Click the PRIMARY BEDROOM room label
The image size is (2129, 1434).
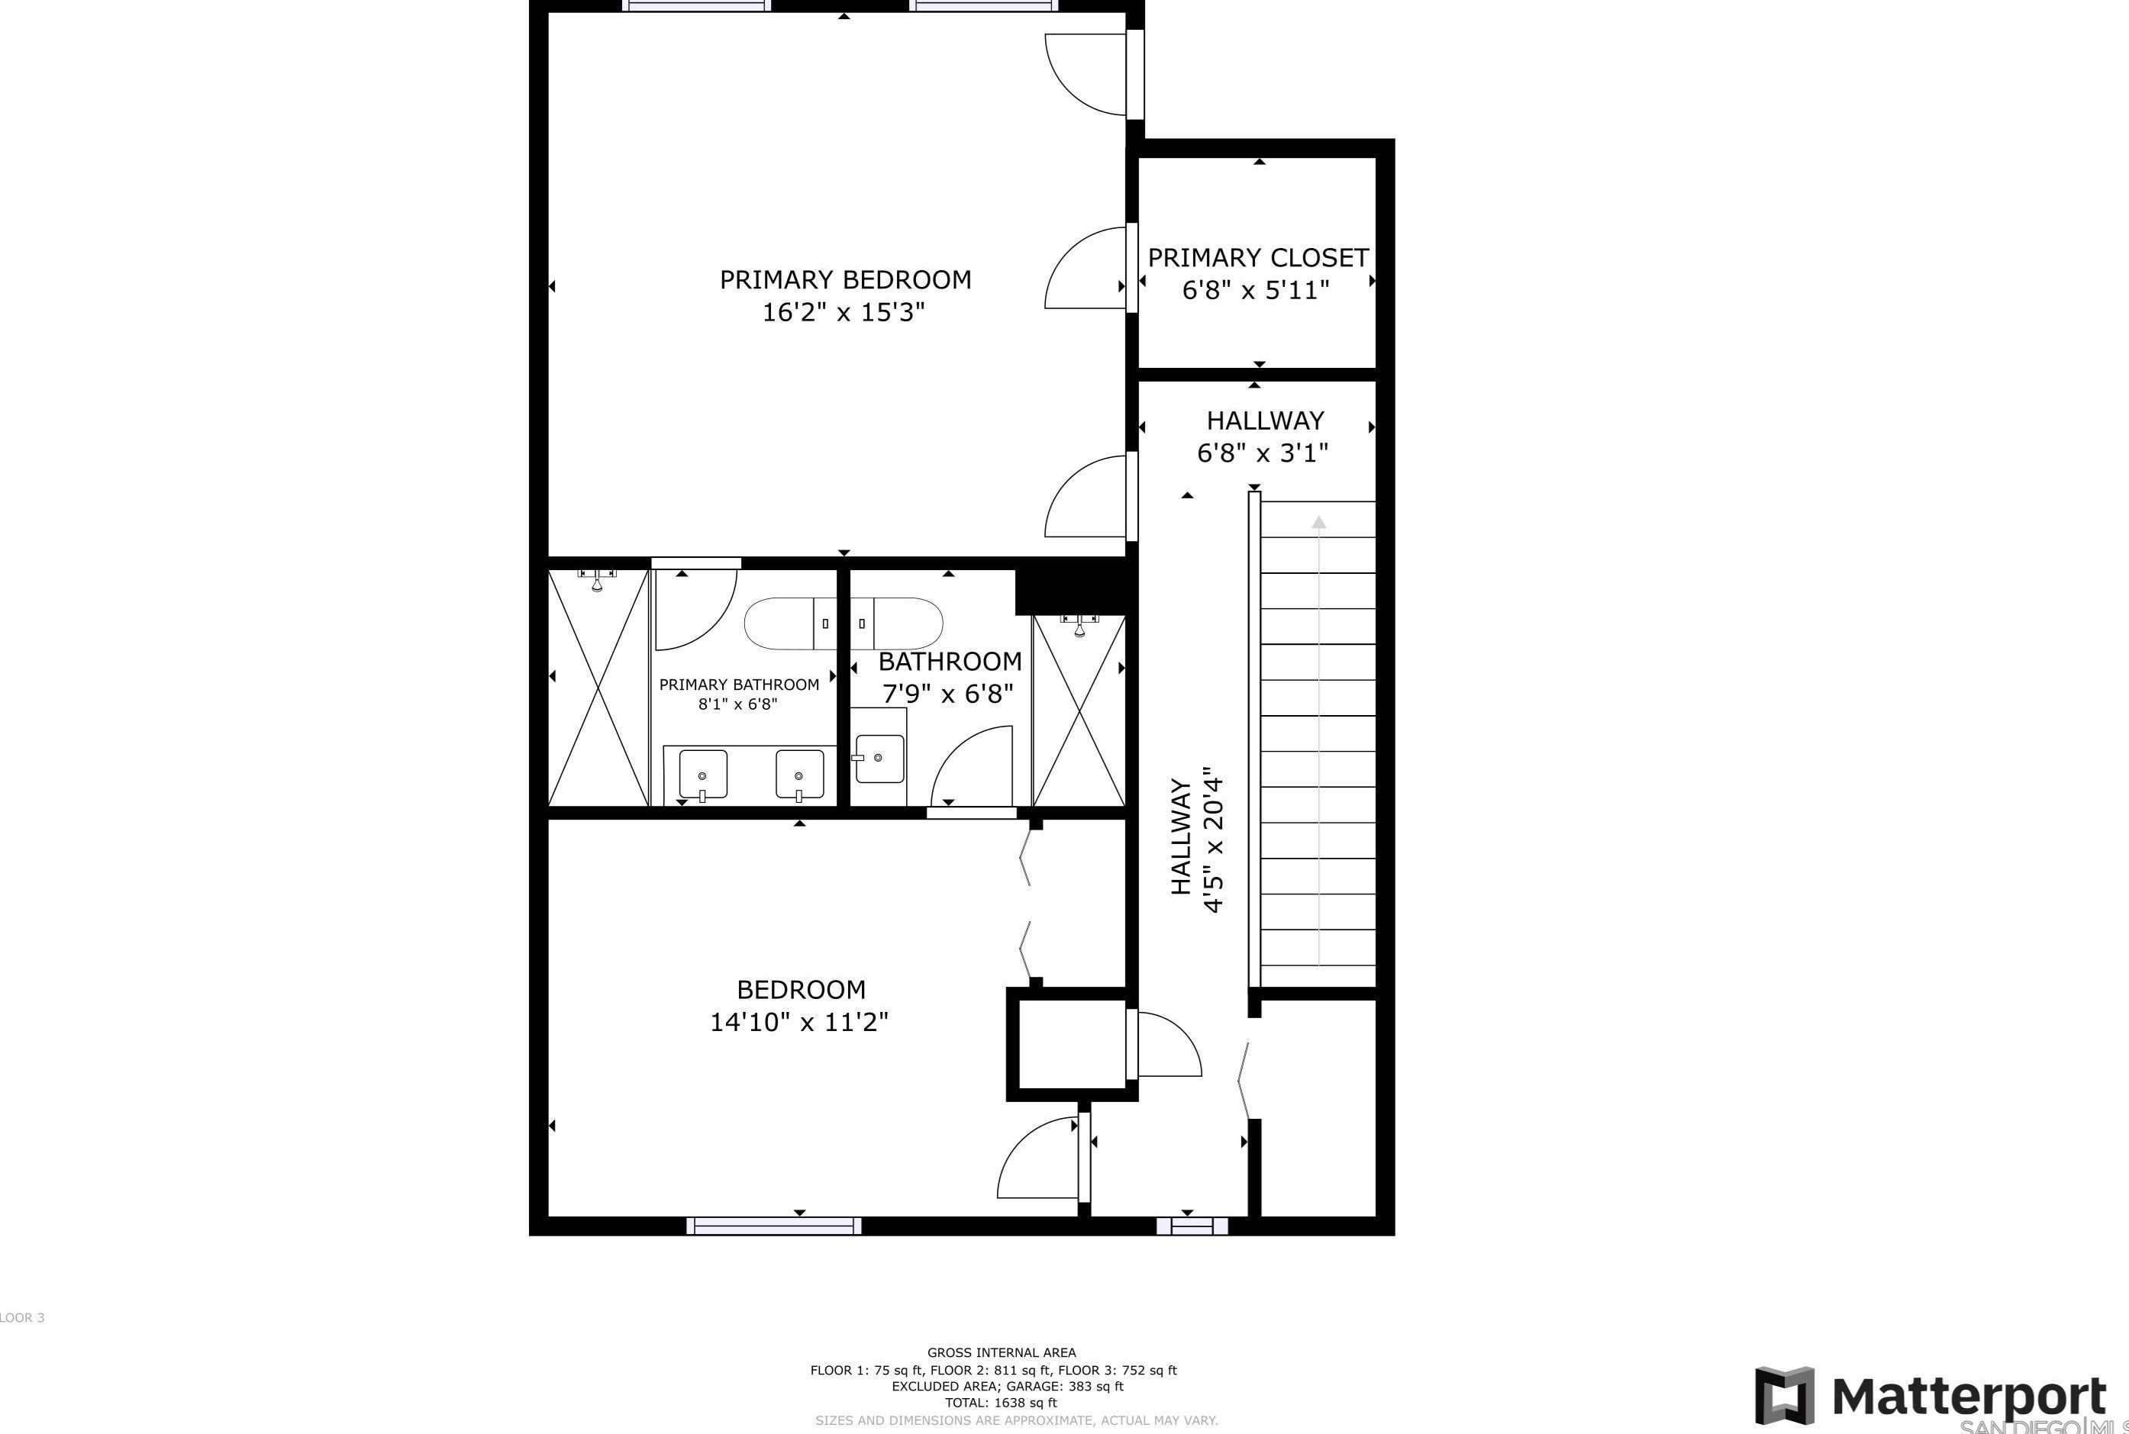click(x=845, y=280)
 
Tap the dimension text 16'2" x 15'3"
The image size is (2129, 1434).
click(x=844, y=313)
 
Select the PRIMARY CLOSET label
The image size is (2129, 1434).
click(x=1257, y=258)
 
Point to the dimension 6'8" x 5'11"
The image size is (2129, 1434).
click(x=1255, y=291)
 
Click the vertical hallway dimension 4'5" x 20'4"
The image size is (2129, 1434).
click(x=1213, y=839)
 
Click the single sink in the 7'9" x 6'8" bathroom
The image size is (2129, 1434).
click(x=879, y=758)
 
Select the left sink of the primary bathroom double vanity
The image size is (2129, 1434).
click(x=702, y=774)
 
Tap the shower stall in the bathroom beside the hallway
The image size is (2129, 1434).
click(x=1078, y=711)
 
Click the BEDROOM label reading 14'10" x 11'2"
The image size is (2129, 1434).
click(x=800, y=1005)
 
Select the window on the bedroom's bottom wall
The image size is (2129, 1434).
click(x=774, y=1226)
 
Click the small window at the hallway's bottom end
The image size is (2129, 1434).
click(x=1191, y=1226)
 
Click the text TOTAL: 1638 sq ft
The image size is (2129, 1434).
click(x=1001, y=1402)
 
